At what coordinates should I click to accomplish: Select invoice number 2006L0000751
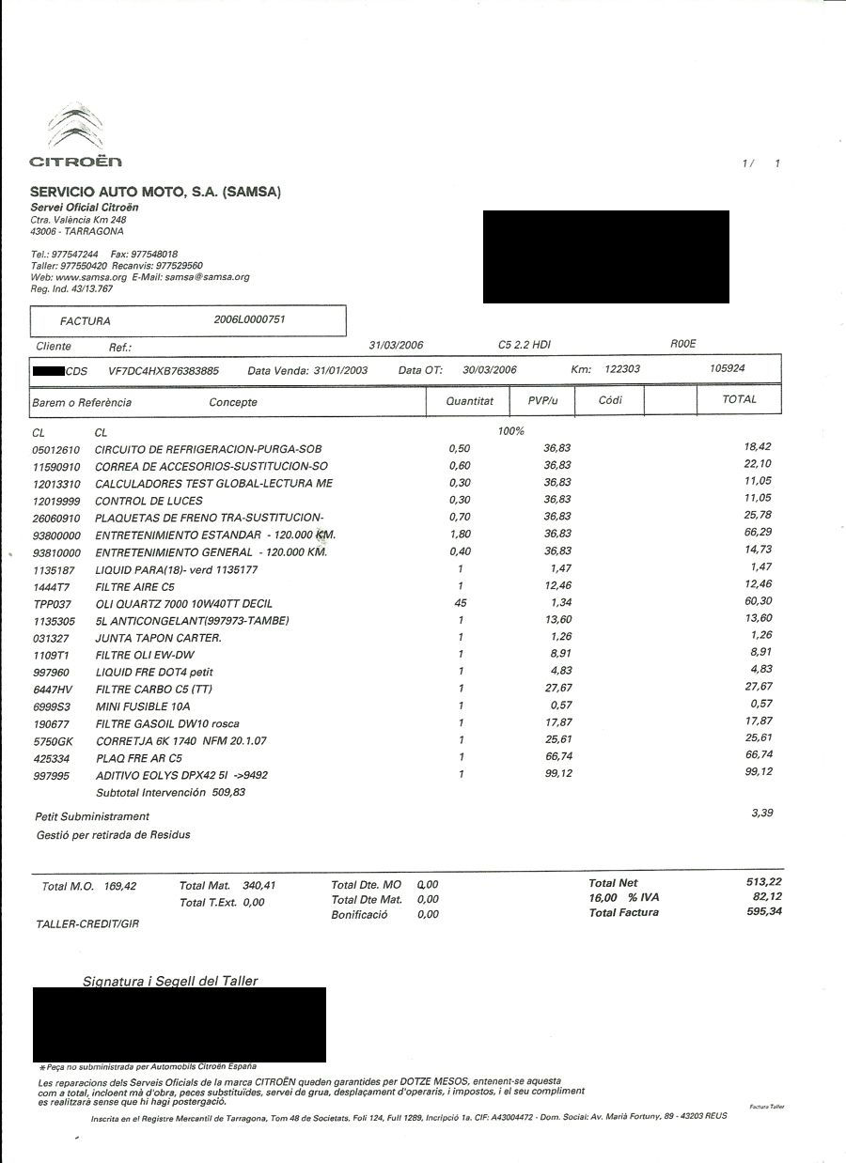click(249, 319)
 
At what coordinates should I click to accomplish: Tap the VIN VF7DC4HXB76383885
click(164, 370)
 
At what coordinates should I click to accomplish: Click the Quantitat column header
click(469, 401)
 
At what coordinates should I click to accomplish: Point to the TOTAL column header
click(739, 399)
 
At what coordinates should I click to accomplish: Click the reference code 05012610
click(56, 449)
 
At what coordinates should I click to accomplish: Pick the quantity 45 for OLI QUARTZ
click(461, 602)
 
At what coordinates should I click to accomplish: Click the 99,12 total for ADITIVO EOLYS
click(758, 771)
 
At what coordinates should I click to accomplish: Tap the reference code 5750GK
click(54, 740)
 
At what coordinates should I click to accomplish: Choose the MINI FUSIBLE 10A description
click(143, 706)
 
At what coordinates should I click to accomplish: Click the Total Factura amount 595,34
click(763, 911)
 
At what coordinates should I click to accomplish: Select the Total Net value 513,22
click(763, 881)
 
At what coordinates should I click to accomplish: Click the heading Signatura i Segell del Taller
click(170, 981)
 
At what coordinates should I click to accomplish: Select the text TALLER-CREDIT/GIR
click(86, 924)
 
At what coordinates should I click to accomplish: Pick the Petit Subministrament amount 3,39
click(761, 813)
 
